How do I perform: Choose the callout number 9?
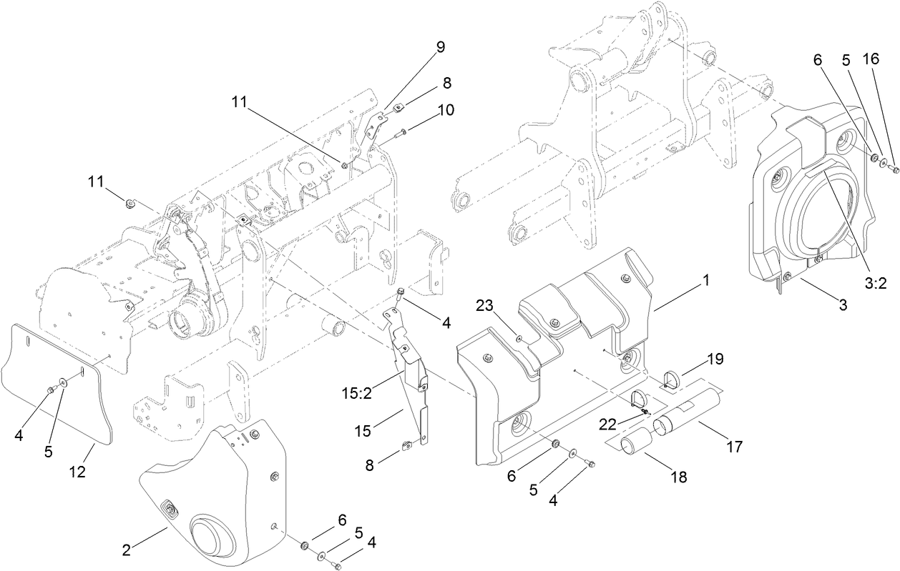pyautogui.click(x=440, y=47)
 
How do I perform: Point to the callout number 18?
pyautogui.click(x=677, y=477)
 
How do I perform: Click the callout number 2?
pyautogui.click(x=126, y=550)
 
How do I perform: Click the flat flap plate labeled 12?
pyautogui.click(x=57, y=386)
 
